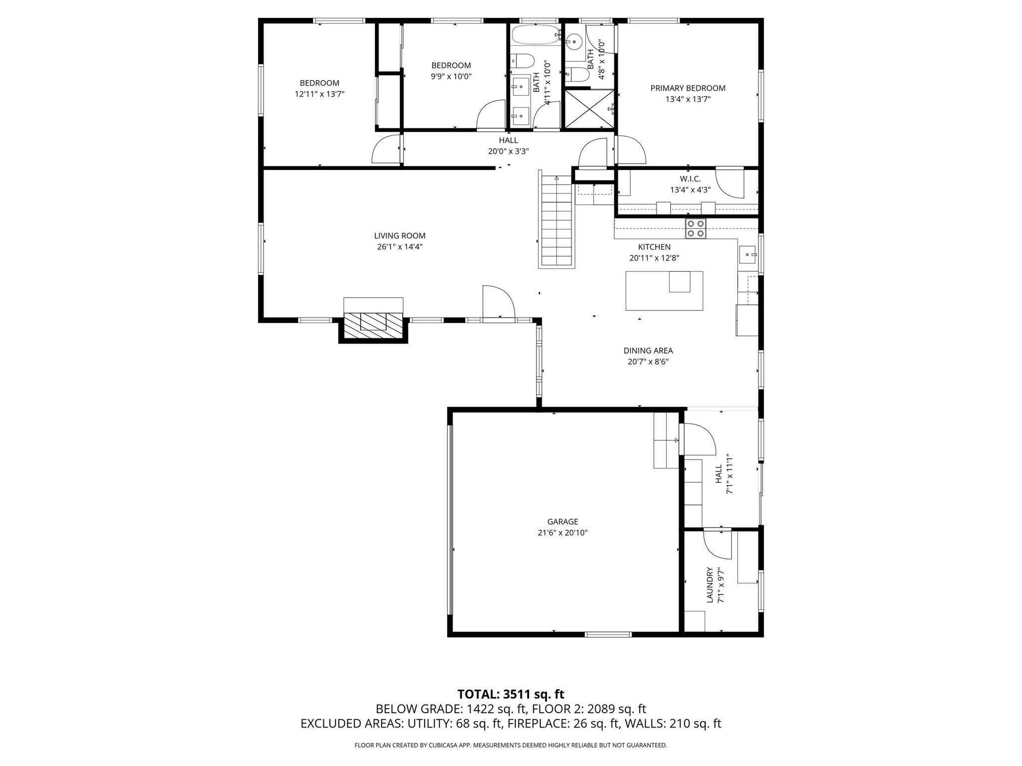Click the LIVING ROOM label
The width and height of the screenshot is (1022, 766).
pos(400,236)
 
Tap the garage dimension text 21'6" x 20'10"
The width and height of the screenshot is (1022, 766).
pos(562,533)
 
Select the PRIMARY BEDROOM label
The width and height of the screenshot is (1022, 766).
pos(688,88)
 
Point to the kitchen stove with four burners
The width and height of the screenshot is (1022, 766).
pos(696,228)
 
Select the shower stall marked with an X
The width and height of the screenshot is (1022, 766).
pos(589,109)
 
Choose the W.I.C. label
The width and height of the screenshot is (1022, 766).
pos(690,179)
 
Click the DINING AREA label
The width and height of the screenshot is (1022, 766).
pos(648,351)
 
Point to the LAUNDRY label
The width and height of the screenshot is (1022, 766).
pos(709,585)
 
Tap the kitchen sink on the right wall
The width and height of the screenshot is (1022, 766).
pos(747,254)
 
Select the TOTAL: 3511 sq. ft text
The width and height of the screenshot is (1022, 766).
pos(511,694)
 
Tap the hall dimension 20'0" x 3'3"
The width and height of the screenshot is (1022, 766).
pos(508,151)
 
